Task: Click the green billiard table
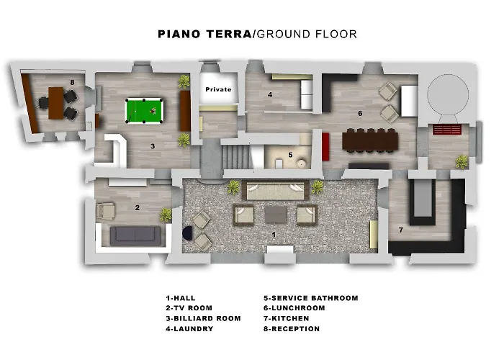(144, 111)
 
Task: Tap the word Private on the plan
(218, 89)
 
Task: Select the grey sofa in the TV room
(135, 236)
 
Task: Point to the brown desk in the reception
(56, 103)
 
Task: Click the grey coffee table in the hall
(276, 215)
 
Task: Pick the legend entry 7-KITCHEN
(287, 318)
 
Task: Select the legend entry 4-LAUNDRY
(189, 329)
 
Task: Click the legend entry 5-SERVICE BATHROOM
(311, 298)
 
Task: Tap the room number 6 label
(360, 113)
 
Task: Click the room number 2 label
(138, 207)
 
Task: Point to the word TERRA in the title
(228, 34)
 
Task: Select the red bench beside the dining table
(325, 147)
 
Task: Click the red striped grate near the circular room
(447, 130)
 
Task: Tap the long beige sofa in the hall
(276, 190)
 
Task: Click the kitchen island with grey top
(423, 202)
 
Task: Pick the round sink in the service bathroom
(302, 163)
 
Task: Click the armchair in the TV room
(105, 211)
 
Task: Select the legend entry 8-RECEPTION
(292, 329)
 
